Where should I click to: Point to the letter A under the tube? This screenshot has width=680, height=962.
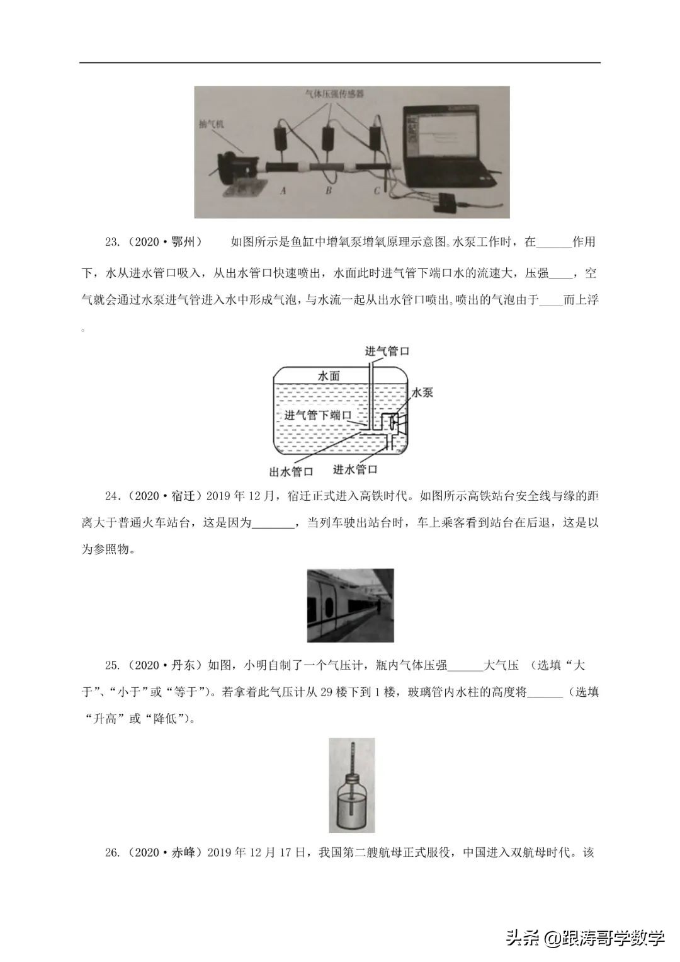tap(283, 190)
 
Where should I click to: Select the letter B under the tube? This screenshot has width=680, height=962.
tap(328, 190)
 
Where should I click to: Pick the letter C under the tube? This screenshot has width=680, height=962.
tap(377, 190)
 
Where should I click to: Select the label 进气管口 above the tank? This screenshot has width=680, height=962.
tap(387, 351)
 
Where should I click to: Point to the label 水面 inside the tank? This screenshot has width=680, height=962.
tap(329, 376)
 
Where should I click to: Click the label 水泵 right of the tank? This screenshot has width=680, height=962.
tap(422, 392)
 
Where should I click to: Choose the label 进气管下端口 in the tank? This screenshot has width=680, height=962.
tap(317, 415)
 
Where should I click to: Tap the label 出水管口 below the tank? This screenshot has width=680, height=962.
tap(291, 471)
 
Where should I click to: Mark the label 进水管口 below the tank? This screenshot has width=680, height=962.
tap(354, 469)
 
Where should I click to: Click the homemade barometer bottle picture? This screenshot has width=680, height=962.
tap(351, 785)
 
